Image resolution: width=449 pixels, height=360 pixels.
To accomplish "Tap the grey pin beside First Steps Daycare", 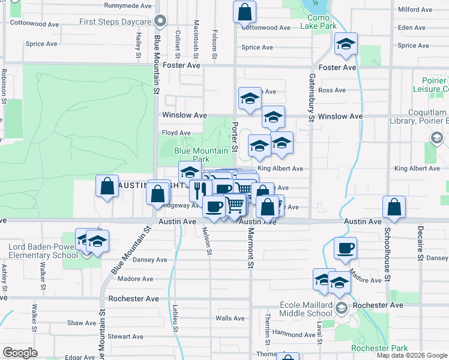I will pyautogui.click(x=160, y=22).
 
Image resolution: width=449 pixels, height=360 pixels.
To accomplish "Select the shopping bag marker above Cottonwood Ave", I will pyautogui.click(x=244, y=11).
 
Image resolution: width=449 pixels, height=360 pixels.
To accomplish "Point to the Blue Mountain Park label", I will pyautogui.click(x=201, y=155).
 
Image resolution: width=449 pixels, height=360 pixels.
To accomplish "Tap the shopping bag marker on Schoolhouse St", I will pyautogui.click(x=394, y=207).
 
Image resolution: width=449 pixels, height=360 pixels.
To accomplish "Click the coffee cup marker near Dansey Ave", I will pyautogui.click(x=345, y=248).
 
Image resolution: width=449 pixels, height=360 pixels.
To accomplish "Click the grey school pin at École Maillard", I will pyautogui.click(x=342, y=308).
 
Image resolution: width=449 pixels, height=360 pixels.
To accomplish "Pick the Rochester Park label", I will pyautogui.click(x=379, y=348).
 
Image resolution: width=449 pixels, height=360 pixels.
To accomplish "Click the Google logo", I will pyautogui.click(x=20, y=353).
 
